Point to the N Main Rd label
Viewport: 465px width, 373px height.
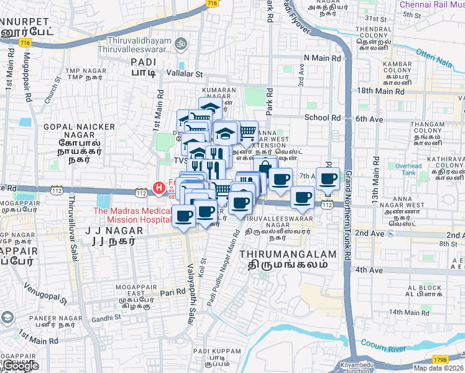(x=322, y=58)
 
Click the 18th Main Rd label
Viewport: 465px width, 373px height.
(x=380, y=91)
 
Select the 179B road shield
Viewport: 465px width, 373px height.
(x=440, y=359)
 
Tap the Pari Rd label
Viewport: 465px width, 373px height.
(x=173, y=292)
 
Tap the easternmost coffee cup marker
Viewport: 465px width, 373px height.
(x=328, y=179)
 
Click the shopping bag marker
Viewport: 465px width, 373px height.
(x=265, y=167)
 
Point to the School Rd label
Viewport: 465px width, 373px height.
(x=322, y=117)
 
